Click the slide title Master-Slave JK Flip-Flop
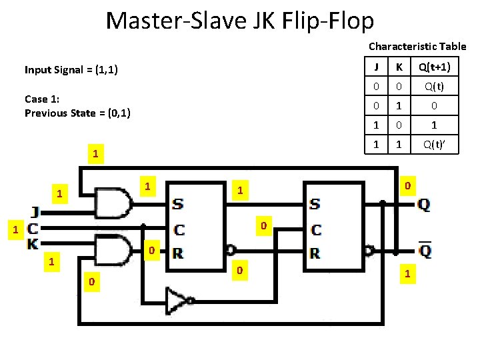click(x=240, y=21)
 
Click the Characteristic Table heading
click(x=417, y=47)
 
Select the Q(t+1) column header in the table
click(x=434, y=67)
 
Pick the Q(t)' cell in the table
click(x=434, y=144)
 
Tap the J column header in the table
click(x=377, y=67)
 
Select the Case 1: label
click(x=42, y=99)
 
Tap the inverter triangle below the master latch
click(x=178, y=300)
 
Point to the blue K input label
click(x=32, y=244)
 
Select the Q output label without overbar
click(x=423, y=205)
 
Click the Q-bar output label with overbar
click(x=425, y=252)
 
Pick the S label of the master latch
click(x=179, y=203)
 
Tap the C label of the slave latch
click(x=316, y=230)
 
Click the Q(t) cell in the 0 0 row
click(x=434, y=87)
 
